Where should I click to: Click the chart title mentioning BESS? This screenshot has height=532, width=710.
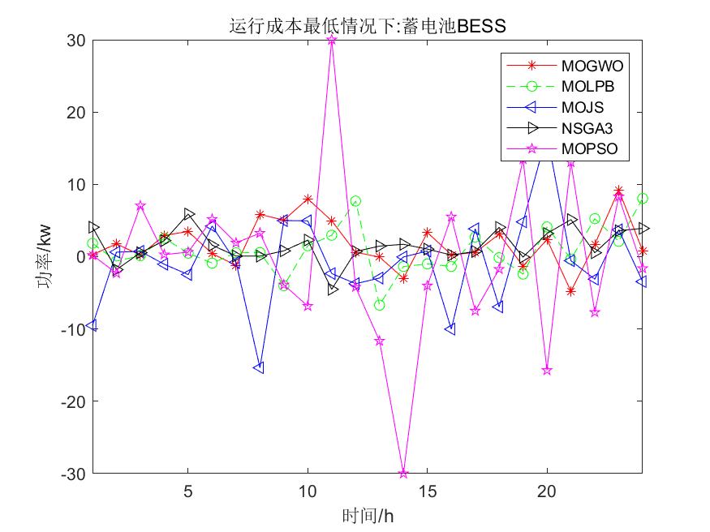point(368,26)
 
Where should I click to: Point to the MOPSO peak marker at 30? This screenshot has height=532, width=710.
point(332,40)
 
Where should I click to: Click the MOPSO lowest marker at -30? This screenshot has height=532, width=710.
point(403,473)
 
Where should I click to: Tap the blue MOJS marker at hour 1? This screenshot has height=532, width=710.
point(93,325)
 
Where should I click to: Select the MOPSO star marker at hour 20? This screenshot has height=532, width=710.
point(547,370)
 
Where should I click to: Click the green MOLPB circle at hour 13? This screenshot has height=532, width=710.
point(380,305)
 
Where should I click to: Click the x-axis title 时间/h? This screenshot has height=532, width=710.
point(368,515)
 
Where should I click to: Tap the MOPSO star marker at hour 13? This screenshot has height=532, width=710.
point(380,341)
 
